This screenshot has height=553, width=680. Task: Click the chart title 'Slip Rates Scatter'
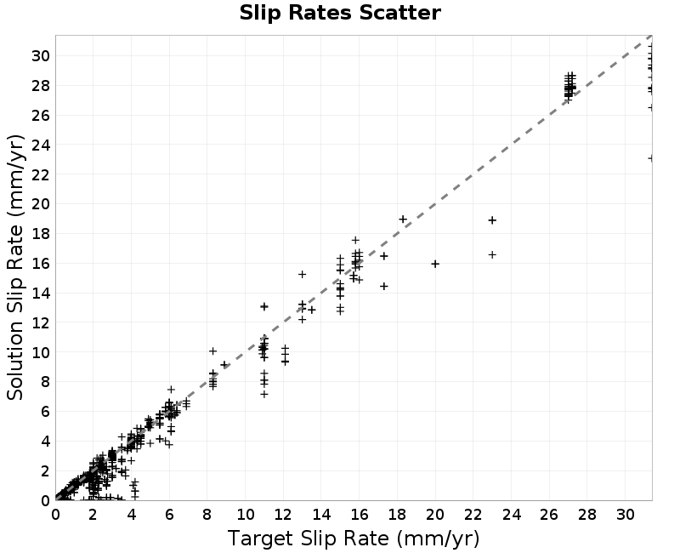340,13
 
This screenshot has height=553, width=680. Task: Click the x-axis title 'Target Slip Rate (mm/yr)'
354,539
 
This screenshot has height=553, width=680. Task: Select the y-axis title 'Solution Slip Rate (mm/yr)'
15,267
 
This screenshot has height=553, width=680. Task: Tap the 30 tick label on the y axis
40,55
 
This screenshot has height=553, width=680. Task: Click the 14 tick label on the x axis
321,515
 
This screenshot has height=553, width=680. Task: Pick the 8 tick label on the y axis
45,381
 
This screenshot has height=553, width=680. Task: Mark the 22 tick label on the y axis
40,174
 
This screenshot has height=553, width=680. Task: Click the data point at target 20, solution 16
435,264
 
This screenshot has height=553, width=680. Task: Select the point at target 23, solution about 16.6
492,254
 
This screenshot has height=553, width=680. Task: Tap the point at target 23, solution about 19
492,220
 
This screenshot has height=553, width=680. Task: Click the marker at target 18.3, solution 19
403,219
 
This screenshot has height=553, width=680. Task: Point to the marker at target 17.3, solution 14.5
384,286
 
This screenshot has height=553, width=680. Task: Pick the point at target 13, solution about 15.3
303,274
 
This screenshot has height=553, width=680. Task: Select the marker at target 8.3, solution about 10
213,351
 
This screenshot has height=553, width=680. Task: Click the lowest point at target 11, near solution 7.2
264,394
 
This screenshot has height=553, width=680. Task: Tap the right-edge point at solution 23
650,158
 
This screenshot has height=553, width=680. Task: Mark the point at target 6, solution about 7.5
172,390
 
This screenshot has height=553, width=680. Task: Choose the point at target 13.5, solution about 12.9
312,310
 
